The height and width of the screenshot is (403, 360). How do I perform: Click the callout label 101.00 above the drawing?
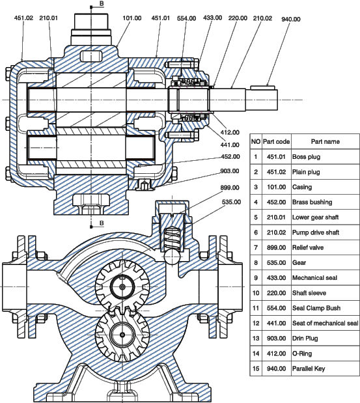coord(132,18)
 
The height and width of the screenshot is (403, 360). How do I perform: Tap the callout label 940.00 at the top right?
coord(291,20)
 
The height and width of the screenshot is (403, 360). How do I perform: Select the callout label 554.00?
coord(187,18)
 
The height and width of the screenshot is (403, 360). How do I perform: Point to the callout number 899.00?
coord(230,188)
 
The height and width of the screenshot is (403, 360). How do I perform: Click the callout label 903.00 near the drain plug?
coord(229,171)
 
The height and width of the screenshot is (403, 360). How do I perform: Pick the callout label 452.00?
coord(230,157)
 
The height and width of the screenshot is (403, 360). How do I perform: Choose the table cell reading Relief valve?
coord(308,247)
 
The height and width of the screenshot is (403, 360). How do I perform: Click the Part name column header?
coord(325,142)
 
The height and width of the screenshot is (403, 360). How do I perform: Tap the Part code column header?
coord(276,142)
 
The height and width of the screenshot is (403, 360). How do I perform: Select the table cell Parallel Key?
coord(309,368)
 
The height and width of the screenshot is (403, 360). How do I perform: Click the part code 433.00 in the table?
coord(276,278)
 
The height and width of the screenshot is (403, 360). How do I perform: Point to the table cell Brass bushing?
coord(312,202)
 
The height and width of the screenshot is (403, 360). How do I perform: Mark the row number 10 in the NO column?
coord(256,293)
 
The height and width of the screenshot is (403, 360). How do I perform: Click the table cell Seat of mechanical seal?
coord(325,323)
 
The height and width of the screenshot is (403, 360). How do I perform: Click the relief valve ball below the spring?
coord(171,257)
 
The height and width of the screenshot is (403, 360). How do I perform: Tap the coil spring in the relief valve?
coord(172,238)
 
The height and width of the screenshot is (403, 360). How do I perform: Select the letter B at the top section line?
coord(102,4)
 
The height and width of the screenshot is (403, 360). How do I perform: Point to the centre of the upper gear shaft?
coord(122,286)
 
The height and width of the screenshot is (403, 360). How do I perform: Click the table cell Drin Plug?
coord(305,339)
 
